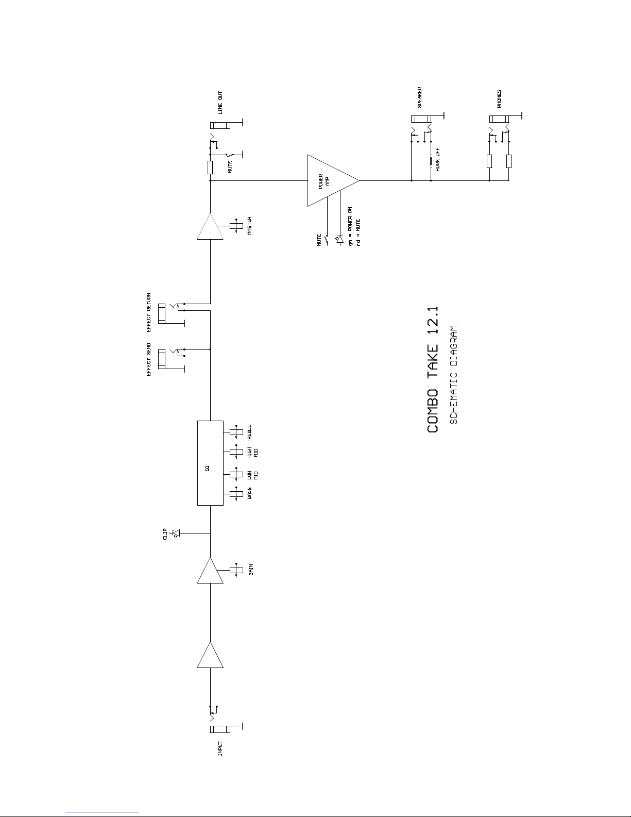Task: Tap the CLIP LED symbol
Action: point(176,533)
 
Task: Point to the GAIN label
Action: point(251,570)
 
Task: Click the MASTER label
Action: point(249,226)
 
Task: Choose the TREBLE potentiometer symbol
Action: point(236,432)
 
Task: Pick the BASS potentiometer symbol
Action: point(236,494)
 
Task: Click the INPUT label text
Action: point(220,748)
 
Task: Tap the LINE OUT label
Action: point(220,103)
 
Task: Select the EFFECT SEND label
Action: point(149,359)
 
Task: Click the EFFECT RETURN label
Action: point(149,312)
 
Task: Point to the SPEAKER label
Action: point(419,97)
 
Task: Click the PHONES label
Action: point(499,99)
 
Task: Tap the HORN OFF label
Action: point(437,160)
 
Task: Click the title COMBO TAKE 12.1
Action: point(433,370)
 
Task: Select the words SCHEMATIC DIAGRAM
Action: point(454,375)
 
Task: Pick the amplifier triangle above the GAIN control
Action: point(210,570)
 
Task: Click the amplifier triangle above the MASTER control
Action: point(210,226)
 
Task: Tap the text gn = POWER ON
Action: point(350,226)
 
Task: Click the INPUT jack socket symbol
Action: point(220,729)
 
